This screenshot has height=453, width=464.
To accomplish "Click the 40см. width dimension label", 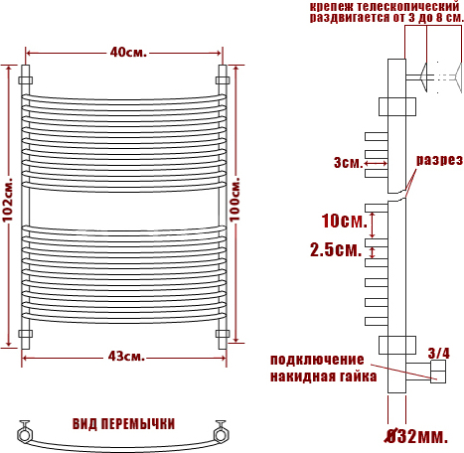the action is [128, 53].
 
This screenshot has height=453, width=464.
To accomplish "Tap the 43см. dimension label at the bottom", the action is [126, 357].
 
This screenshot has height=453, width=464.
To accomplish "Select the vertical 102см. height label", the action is [8, 200].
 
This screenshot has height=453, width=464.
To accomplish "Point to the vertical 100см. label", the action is [234, 200].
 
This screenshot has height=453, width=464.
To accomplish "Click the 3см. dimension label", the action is [349, 163].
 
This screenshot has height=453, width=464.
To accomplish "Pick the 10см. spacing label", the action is [345, 221].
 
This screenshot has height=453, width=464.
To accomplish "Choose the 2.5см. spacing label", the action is [336, 249].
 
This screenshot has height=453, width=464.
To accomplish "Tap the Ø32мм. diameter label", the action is [417, 436].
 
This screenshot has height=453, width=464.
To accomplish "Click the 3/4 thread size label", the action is [439, 354].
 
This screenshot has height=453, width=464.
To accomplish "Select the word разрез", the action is [439, 160].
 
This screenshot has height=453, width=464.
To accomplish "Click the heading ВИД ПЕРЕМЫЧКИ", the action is [123, 424].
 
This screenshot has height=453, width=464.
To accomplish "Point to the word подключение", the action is [317, 360].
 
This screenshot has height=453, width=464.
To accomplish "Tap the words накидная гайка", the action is [324, 377].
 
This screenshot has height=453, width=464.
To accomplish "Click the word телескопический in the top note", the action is [407, 6].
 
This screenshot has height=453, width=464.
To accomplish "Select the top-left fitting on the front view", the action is [25, 80].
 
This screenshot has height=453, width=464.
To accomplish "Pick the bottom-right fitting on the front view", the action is [223, 334].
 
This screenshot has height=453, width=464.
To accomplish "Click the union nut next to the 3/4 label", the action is [438, 372].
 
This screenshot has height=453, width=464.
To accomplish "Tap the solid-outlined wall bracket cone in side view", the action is [424, 77].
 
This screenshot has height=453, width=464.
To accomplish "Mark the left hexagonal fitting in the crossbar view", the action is [24, 434].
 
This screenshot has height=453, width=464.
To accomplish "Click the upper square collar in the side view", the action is [397, 106].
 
